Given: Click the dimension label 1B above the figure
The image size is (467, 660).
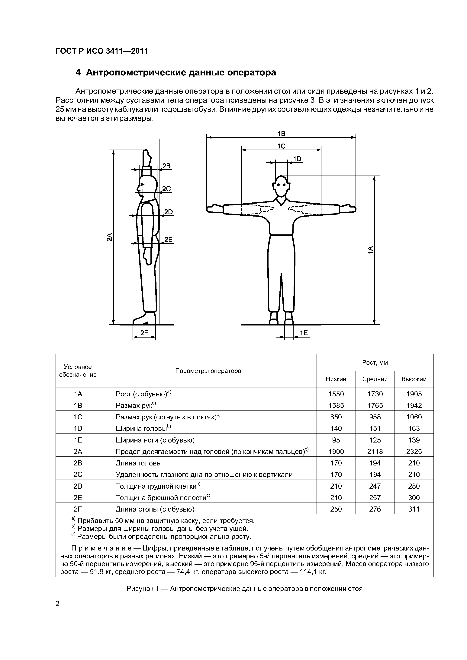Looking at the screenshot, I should pos(281,134).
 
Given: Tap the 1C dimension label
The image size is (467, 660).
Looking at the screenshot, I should pos(281,146).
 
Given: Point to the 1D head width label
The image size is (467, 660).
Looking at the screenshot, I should pos(297,159).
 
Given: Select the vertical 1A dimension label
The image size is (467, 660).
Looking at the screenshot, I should pos(370,249).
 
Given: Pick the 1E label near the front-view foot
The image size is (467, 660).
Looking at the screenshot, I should pos(304,333).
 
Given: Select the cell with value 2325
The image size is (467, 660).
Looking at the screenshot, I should pos(414,452).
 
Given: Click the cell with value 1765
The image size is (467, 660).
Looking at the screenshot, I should pos(375,406).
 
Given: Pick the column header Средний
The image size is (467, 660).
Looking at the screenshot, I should pos(375,379).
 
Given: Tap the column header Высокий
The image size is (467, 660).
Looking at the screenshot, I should pos(414,379).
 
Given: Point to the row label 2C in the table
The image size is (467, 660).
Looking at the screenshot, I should pos(78,475).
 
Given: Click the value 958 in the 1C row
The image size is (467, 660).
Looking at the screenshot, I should pos(375,417).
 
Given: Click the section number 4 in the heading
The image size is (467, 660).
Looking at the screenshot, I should pos(78,72).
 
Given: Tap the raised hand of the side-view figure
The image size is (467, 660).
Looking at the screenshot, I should pos(147,157).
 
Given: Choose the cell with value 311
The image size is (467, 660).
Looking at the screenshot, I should pos(414,509).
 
